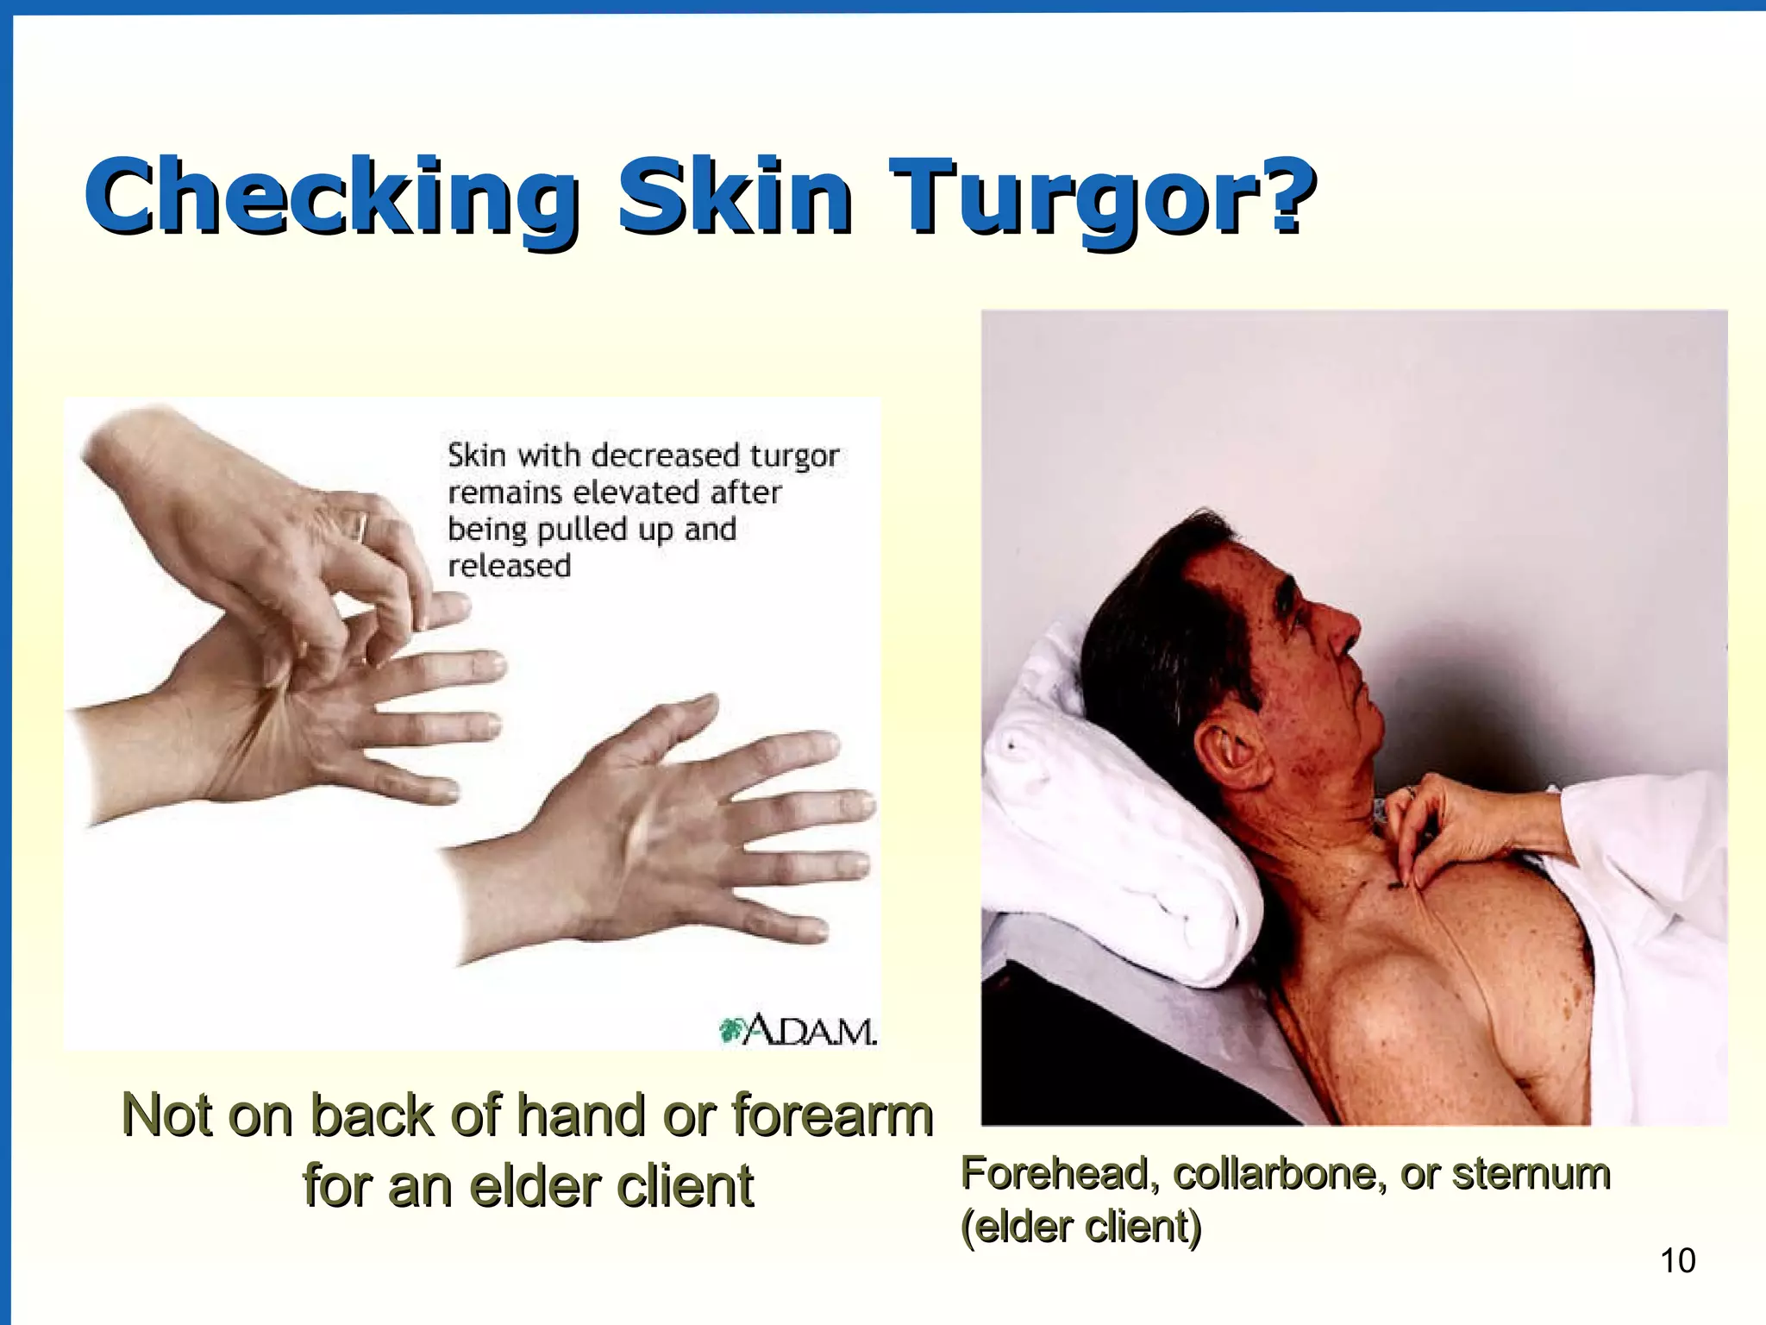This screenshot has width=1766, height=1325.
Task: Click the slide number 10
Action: point(1677,1261)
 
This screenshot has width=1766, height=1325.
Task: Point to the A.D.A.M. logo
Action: point(798,1030)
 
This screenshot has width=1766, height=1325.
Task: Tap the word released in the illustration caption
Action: point(510,567)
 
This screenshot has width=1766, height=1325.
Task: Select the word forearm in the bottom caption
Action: point(833,1115)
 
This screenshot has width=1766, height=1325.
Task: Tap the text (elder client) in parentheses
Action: point(1081,1227)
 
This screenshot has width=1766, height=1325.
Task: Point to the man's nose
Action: point(1345,630)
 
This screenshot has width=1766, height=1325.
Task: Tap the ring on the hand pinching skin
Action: point(360,526)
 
